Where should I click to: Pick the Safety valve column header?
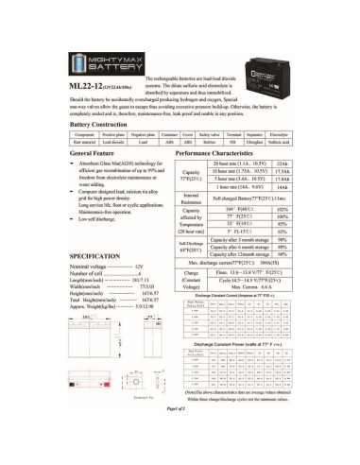(x=220, y=161)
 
